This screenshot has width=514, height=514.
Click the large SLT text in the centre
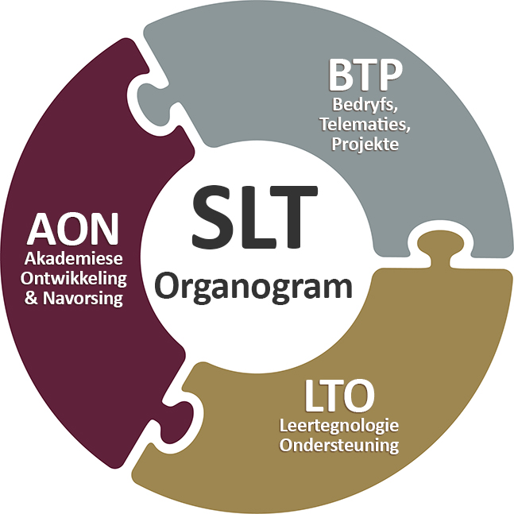(x=254, y=217)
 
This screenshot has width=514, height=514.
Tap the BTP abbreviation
(x=365, y=75)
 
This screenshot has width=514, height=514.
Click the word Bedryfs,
(x=365, y=106)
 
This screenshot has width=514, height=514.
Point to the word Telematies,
(x=365, y=125)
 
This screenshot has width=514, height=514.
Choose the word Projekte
(x=365, y=145)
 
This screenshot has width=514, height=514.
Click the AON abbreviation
(x=73, y=229)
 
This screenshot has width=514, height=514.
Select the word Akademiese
(x=73, y=259)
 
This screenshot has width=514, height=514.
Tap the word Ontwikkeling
(x=74, y=280)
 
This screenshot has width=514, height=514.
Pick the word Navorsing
(x=83, y=299)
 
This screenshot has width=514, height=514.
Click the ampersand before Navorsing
(x=31, y=298)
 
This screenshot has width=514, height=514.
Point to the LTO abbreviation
(x=339, y=396)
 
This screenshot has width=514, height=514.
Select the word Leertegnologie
(x=339, y=426)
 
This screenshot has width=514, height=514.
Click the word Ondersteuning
(x=339, y=446)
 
